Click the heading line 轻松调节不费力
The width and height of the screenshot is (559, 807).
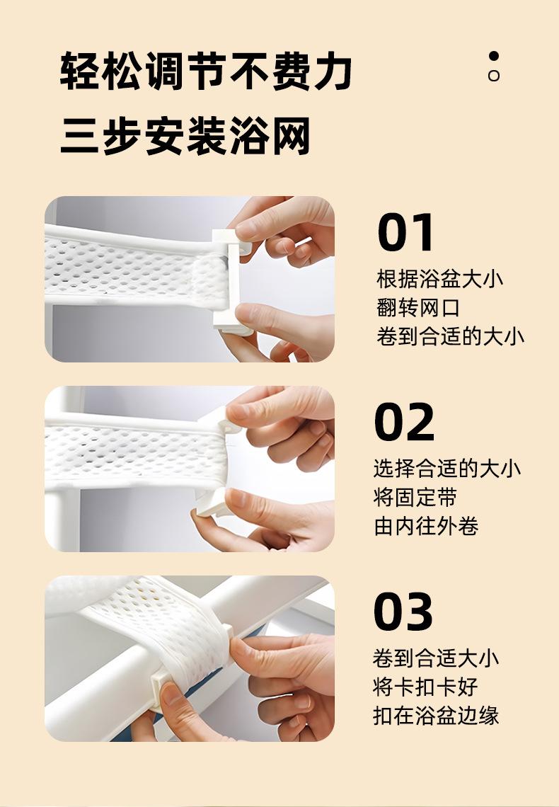[206, 71]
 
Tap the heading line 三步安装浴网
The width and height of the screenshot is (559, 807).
[185, 135]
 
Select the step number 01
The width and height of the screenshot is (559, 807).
[405, 232]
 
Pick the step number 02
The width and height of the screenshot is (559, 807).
[404, 422]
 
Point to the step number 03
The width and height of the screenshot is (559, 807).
[403, 612]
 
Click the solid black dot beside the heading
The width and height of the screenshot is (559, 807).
[494, 56]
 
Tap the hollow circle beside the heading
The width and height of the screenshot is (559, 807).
[494, 76]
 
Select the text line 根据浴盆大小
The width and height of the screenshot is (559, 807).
[439, 280]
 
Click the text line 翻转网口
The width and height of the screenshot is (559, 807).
[418, 308]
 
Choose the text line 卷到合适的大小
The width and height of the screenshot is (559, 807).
[451, 337]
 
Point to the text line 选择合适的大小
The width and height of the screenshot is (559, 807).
[447, 469]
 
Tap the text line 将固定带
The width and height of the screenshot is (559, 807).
[415, 498]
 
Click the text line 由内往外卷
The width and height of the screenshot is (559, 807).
[426, 527]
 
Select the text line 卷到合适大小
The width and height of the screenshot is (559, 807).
[436, 658]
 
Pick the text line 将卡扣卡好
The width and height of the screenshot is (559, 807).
[425, 687]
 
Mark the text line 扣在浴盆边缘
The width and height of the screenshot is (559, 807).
[436, 716]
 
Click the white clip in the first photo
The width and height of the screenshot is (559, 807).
[231, 281]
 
